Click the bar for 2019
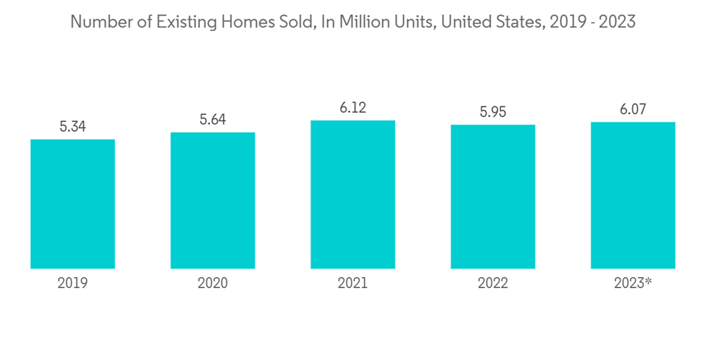[x=73, y=204]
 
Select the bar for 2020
[x=213, y=200]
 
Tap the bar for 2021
[x=353, y=194]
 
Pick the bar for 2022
[x=493, y=196]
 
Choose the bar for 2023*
[x=633, y=195]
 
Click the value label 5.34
[x=73, y=126]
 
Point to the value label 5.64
[x=213, y=119]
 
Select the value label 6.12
[x=353, y=108]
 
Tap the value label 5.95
[x=493, y=112]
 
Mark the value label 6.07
[x=633, y=109]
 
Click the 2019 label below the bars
[x=73, y=284]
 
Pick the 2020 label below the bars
[x=213, y=284]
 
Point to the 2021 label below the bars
[x=353, y=284]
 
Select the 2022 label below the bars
[x=493, y=284]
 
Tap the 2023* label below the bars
[x=633, y=284]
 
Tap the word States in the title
[x=515, y=22]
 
